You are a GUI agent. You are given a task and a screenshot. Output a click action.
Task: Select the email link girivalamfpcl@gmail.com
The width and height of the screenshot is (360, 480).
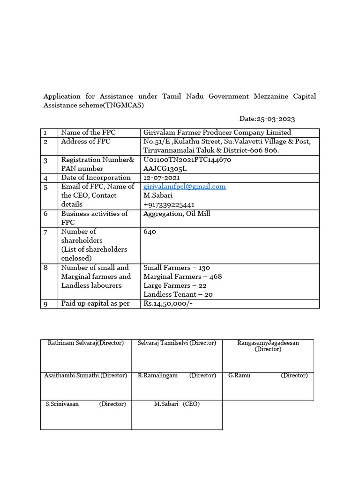pos(185,187)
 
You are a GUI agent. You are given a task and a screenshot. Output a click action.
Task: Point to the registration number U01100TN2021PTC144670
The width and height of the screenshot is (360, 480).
pos(187,160)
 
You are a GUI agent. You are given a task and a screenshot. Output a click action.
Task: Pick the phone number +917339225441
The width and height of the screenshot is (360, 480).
pos(169,204)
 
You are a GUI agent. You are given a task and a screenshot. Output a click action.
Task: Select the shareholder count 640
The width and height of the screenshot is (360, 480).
pos(150,232)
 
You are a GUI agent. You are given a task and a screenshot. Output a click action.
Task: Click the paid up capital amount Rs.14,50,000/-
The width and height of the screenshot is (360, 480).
pos(168,304)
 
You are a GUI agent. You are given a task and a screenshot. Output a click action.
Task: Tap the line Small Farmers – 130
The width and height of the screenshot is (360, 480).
pos(177,268)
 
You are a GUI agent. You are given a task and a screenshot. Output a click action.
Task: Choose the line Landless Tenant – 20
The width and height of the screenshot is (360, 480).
pos(178,294)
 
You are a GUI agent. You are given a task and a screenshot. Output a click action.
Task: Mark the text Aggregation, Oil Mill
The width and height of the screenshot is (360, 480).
pos(177,214)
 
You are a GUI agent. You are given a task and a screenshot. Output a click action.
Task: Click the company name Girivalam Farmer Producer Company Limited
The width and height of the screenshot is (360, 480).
pos(217,133)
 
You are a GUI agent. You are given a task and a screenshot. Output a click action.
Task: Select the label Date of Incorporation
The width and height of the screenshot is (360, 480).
pos(96,178)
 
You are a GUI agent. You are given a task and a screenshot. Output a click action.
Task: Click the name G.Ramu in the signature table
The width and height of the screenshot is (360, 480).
pos(238,375)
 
